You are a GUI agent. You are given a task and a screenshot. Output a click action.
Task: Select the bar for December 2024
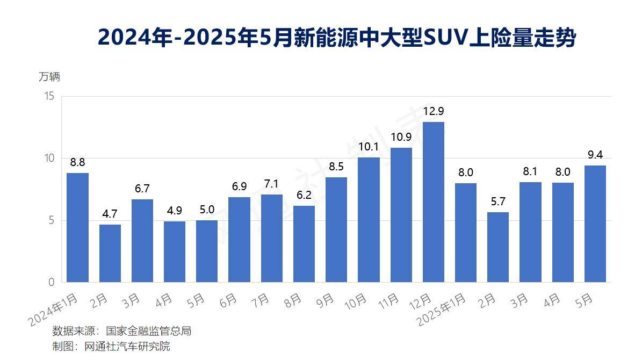click(x=434, y=202)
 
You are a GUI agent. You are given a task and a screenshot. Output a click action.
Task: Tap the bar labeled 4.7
click(x=110, y=253)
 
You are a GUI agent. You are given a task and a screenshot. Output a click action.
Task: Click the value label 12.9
click(x=434, y=111)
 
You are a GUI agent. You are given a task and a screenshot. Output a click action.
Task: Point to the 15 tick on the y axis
click(x=49, y=96)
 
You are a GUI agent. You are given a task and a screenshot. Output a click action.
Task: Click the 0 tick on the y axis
click(x=52, y=282)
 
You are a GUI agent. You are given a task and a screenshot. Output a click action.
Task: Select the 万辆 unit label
click(x=49, y=77)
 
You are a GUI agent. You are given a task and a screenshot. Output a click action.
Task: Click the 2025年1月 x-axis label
click(x=442, y=310)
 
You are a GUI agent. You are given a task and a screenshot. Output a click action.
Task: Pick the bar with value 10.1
click(x=369, y=220)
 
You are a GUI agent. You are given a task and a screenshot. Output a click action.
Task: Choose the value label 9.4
click(x=595, y=155)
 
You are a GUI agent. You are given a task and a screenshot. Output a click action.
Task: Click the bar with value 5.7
click(x=498, y=247)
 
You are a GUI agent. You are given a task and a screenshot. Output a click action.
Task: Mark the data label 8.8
click(x=77, y=162)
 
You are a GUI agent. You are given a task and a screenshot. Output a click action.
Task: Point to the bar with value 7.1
click(x=272, y=238)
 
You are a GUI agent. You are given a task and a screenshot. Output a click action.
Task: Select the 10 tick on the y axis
click(x=49, y=158)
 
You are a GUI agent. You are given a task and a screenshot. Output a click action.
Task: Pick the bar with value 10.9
click(x=401, y=215)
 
